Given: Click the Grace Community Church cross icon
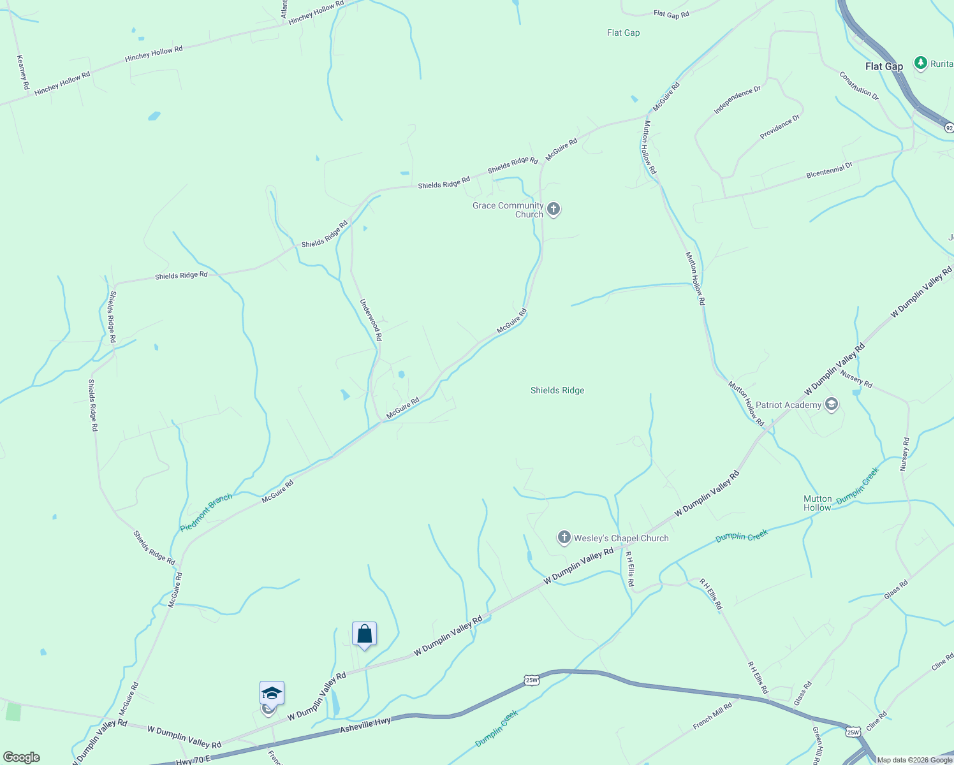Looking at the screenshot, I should [554, 208].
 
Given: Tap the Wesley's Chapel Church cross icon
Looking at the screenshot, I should [564, 537].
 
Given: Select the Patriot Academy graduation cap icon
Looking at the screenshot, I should [831, 404].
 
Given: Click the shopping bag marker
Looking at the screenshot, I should [364, 634].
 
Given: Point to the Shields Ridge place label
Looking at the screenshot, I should [557, 390].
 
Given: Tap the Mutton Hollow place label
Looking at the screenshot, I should [817, 503].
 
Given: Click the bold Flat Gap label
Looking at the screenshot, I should [884, 66].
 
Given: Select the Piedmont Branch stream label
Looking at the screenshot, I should [206, 513].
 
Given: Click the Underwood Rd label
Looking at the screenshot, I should [371, 319].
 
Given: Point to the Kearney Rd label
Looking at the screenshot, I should [23, 72].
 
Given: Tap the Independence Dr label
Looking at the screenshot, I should [737, 100].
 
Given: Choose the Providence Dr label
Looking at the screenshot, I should [779, 127].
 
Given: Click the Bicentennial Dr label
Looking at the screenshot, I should [829, 170].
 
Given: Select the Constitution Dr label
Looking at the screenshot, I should [858, 85].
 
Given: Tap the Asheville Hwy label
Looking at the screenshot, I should [365, 725].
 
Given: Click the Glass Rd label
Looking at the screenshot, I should [895, 590].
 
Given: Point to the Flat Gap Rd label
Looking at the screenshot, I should [671, 13].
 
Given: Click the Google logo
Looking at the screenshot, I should [21, 757].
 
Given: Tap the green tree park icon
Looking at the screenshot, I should [920, 62].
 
